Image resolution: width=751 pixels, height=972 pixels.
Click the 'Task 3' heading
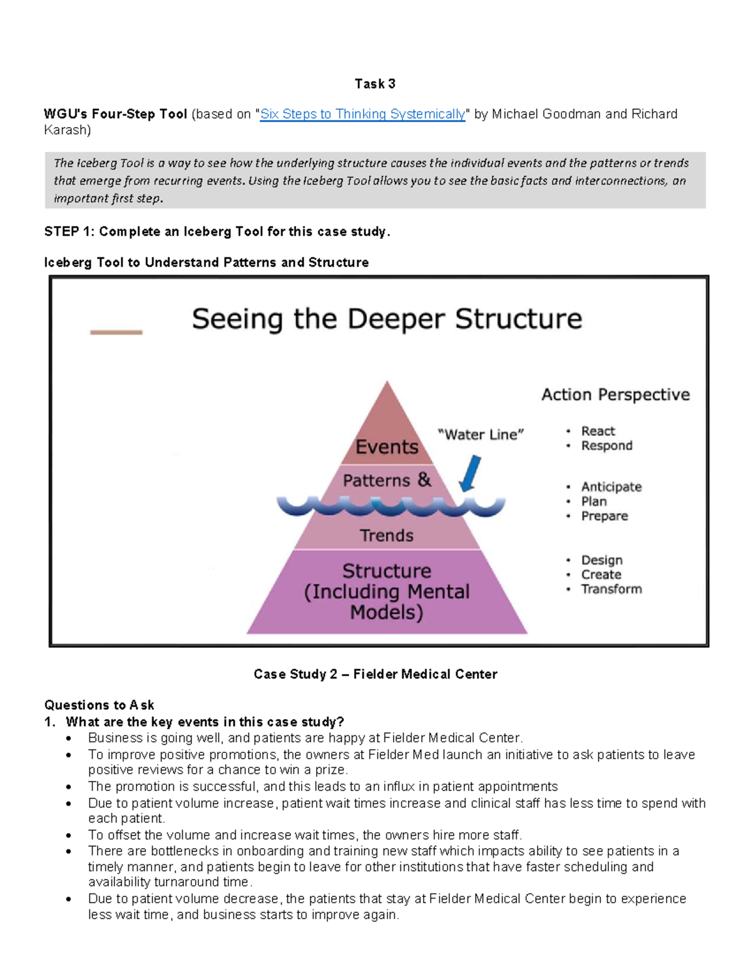coord(375,84)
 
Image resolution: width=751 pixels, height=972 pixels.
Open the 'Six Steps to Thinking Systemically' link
coord(362,114)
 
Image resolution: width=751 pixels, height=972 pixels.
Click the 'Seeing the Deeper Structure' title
coord(387,319)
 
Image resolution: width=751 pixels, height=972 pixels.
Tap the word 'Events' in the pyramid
coord(387,447)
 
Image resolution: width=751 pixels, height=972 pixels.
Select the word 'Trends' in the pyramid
coord(386,536)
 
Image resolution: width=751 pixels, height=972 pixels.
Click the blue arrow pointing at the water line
coord(470,473)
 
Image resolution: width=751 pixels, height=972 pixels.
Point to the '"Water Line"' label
coord(481,434)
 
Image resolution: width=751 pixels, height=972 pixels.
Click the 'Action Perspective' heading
coord(615,394)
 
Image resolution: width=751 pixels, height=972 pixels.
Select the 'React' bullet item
coord(598,431)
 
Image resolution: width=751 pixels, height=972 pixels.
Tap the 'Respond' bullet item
coord(606,446)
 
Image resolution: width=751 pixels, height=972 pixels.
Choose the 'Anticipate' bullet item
coord(611,487)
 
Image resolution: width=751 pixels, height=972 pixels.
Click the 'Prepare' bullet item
coord(604,516)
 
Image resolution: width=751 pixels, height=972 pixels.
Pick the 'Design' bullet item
coord(601,560)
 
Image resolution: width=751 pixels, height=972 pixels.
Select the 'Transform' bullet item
coord(611,589)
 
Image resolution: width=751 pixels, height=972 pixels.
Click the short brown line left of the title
coord(116,332)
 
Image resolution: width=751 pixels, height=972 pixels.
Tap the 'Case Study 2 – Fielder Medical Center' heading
coord(375,674)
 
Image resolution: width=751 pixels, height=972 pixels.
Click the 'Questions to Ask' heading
coord(99,705)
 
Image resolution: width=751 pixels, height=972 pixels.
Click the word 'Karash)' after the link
coord(67,130)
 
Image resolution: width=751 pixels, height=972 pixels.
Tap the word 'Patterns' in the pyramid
coord(376,481)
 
